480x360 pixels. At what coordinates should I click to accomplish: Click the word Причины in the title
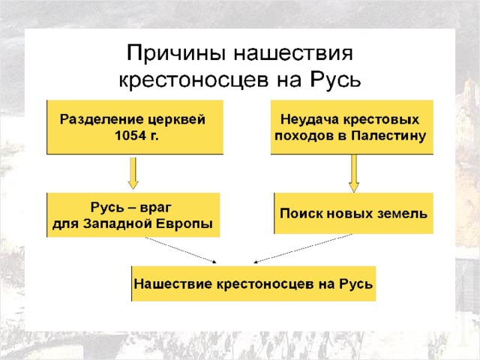[176, 53]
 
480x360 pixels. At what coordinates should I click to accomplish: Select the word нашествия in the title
[293, 53]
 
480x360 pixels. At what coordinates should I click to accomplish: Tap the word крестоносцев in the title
[193, 80]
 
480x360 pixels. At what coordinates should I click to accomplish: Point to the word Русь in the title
[335, 79]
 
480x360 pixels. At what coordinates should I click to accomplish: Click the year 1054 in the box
[130, 135]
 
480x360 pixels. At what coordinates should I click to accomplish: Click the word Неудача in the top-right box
[309, 120]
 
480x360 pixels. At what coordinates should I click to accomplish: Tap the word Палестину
[388, 136]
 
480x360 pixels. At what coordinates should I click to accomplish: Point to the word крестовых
[381, 120]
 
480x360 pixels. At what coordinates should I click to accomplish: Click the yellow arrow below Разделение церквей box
[133, 173]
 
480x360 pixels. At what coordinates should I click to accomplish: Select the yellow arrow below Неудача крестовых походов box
[354, 173]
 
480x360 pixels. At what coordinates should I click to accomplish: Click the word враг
[155, 208]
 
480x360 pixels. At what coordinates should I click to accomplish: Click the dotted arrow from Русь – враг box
[181, 250]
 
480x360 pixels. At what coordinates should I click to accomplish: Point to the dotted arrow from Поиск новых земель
[303, 248]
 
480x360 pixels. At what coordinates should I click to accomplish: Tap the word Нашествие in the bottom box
[173, 284]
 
